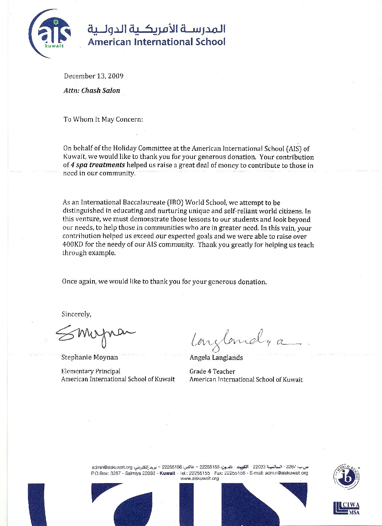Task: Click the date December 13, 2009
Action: [94, 76]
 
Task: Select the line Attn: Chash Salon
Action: [92, 90]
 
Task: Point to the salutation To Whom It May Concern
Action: [103, 119]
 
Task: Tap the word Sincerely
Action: [76, 314]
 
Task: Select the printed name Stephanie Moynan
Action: [90, 357]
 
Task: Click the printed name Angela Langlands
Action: [216, 358]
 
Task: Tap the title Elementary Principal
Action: [91, 371]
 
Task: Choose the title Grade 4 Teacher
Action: [212, 372]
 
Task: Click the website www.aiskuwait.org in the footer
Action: [200, 479]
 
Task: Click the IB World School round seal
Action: [346, 478]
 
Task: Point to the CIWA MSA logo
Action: [346, 508]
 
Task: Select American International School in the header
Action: [157, 42]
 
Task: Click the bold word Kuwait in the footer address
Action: [167, 473]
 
